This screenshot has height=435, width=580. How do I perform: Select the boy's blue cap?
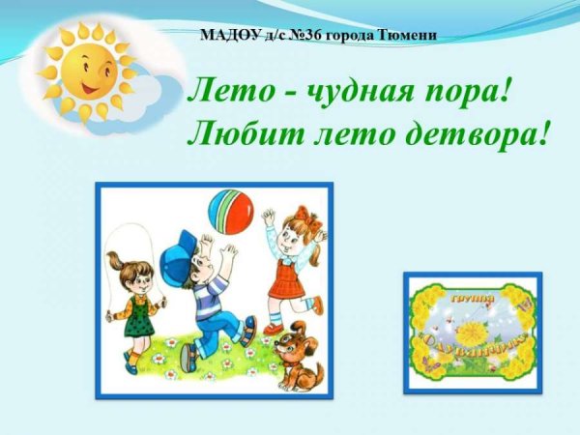click(x=179, y=257)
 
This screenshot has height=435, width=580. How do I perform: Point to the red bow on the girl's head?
click(x=307, y=216)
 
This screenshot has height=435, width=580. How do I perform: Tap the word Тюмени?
click(x=409, y=35)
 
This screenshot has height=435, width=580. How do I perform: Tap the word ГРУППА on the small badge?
click(x=471, y=300)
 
